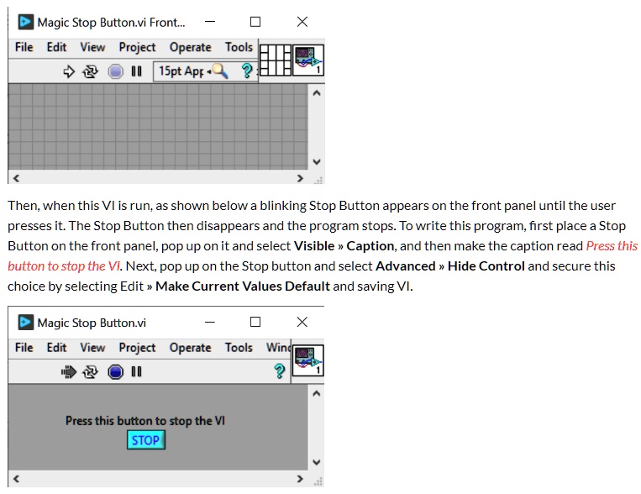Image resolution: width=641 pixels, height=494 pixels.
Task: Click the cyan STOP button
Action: point(145,439)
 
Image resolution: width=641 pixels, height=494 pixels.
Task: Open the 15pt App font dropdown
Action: point(181,71)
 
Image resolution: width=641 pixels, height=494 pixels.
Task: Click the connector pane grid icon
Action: point(275,60)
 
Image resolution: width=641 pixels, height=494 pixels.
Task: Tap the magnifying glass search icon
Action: point(221,71)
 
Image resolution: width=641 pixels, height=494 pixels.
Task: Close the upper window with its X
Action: point(302,22)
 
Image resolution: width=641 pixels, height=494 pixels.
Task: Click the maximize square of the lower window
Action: point(255,322)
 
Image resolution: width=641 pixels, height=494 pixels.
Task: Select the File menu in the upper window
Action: point(24,47)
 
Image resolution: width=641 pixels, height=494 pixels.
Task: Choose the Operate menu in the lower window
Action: point(191,347)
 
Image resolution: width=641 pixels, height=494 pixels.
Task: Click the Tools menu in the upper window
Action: point(239,47)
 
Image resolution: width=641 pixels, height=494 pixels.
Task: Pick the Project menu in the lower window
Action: point(137,347)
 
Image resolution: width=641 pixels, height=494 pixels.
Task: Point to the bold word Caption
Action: point(370,246)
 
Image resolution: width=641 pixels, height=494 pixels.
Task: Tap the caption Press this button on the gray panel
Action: point(145,420)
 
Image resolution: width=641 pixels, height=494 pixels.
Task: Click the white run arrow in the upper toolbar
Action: point(69,71)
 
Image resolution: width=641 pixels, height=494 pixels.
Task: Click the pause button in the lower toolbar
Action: point(136,371)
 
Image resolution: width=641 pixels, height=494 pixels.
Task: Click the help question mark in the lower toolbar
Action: point(280,371)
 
